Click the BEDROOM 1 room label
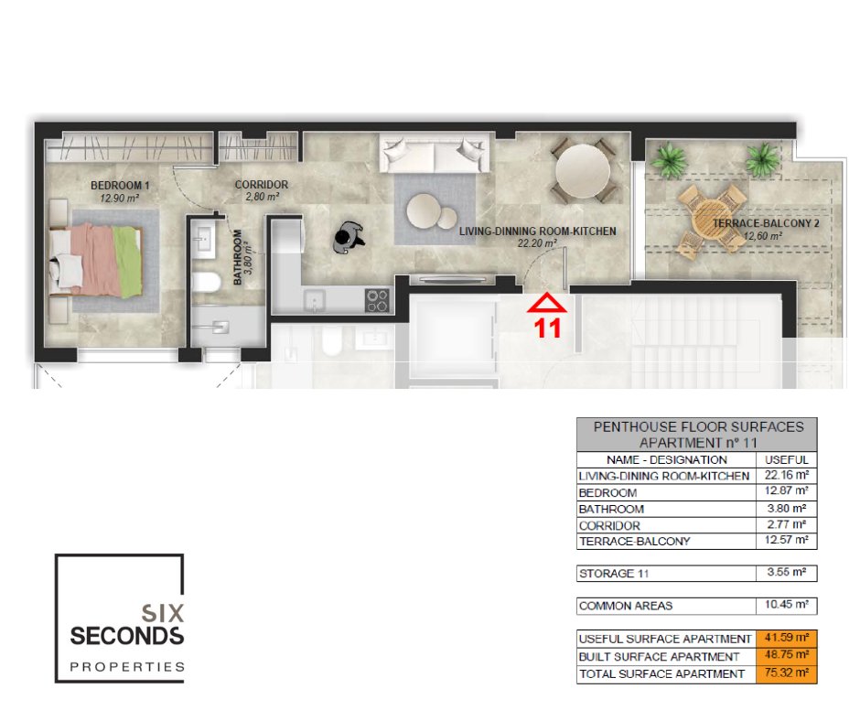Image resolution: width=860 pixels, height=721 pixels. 120,186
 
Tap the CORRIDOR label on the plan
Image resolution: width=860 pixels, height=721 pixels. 262,184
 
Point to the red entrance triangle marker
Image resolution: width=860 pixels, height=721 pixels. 547,304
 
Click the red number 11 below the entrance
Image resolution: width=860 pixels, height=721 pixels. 547,328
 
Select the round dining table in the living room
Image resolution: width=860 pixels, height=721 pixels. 583,170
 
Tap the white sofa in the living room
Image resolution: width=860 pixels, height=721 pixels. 434,155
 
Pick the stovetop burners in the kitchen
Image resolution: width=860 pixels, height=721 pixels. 377,301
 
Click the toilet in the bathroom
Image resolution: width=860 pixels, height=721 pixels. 206,282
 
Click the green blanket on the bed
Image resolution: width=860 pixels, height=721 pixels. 127,261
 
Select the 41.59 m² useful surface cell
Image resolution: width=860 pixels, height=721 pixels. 787,638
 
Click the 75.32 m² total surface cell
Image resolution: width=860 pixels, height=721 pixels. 787,673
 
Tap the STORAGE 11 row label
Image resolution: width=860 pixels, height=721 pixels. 614,574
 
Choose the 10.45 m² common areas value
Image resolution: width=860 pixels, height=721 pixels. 787,605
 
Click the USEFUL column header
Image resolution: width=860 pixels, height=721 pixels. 787,460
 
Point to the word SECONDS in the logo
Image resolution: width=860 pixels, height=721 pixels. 126,636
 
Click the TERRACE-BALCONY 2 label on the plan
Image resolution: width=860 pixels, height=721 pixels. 766,223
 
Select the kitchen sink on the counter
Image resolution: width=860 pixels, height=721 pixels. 314,301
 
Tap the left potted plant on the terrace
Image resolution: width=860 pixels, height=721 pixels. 669,159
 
